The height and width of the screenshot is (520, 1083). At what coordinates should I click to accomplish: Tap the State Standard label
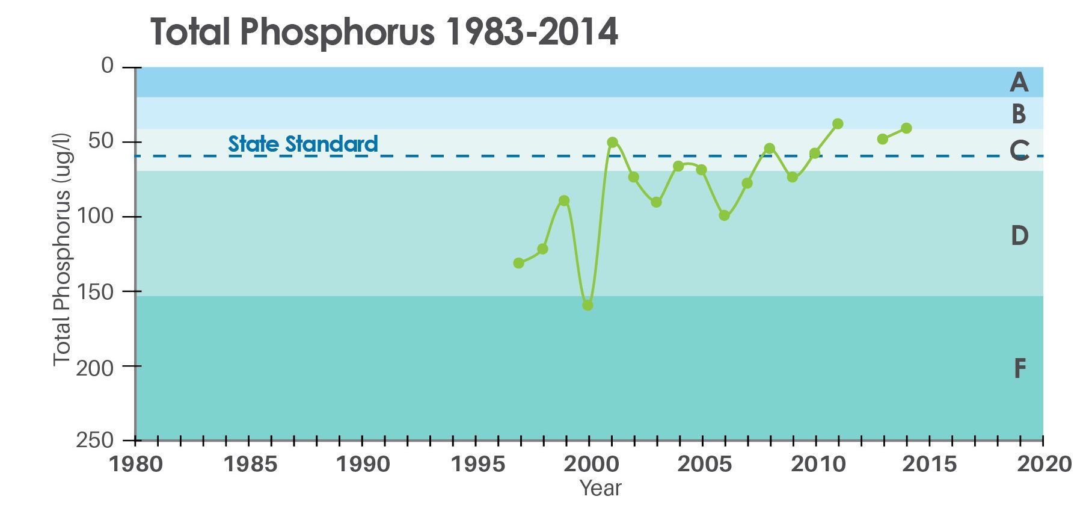303,144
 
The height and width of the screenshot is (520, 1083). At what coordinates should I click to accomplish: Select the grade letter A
1019,82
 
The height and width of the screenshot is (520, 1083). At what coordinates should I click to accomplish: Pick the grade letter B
1019,114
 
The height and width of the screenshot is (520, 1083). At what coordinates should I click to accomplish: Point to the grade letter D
1019,235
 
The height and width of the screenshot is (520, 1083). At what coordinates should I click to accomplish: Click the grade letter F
1020,368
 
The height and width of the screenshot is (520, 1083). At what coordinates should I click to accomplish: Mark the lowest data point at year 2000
588,305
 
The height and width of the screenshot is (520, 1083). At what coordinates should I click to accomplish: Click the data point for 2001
612,142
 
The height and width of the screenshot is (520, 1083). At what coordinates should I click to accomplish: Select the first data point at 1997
518,263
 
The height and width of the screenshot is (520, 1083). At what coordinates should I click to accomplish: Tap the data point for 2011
838,123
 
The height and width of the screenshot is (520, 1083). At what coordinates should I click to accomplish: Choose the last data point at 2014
906,128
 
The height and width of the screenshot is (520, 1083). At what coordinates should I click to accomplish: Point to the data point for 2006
724,215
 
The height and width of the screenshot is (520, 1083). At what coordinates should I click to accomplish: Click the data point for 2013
883,139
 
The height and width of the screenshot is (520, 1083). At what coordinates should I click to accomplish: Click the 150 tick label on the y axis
95,292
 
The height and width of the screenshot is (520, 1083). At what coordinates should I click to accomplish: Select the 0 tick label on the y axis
107,65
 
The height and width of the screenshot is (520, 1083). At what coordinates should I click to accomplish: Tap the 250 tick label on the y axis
95,441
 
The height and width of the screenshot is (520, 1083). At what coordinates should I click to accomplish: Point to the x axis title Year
600,488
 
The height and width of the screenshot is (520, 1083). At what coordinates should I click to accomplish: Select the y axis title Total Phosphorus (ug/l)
63,249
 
